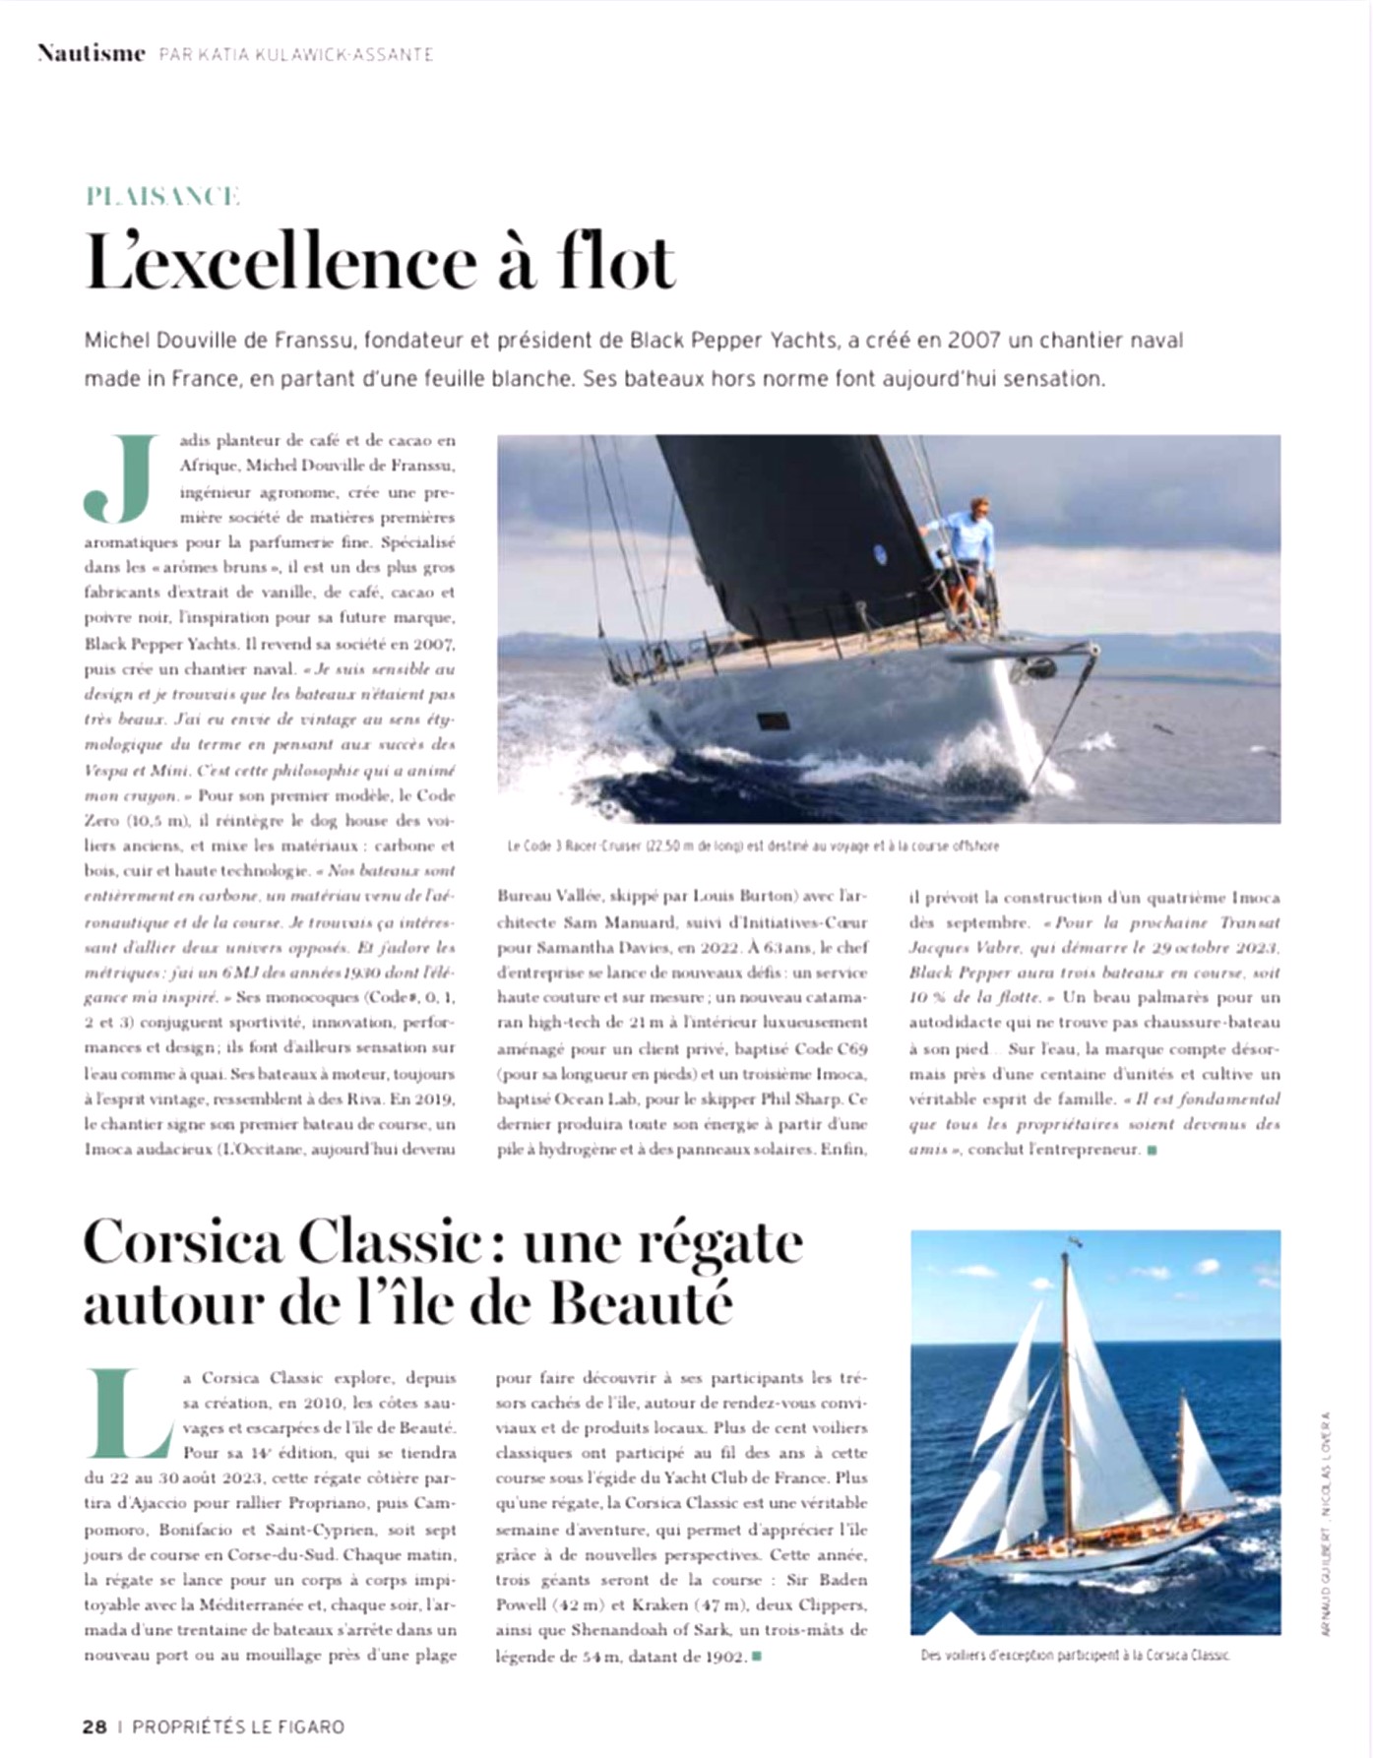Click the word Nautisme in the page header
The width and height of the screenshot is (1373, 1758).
92,53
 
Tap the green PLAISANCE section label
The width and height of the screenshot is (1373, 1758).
162,196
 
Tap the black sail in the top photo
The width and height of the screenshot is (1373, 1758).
787,532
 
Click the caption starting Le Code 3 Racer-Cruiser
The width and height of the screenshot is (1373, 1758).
752,846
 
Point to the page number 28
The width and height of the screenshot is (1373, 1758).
94,1727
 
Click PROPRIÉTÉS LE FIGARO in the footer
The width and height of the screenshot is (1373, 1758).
238,1727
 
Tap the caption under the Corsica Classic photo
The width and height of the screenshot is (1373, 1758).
1075,1655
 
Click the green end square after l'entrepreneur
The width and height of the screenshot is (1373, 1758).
1153,1150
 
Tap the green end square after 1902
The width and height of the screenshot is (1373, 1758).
757,1657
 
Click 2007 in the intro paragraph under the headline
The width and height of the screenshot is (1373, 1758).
975,341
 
